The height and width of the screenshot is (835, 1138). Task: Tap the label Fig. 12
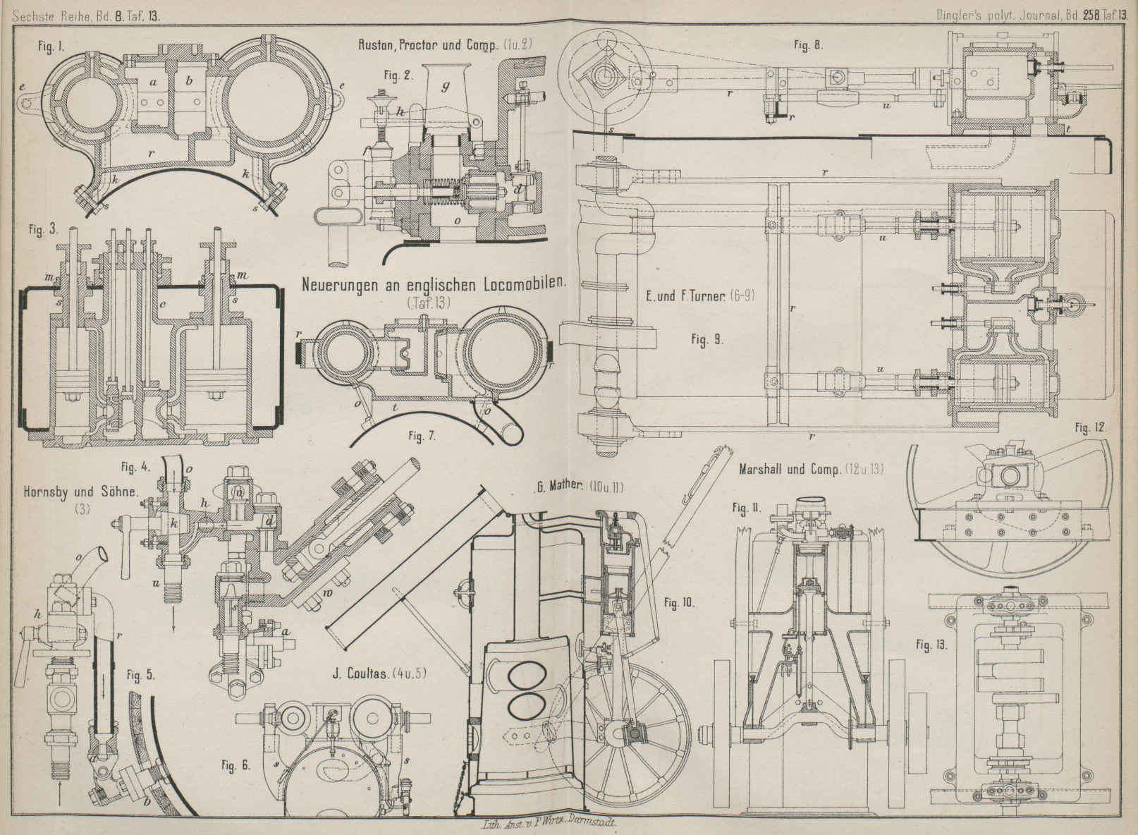tap(1091, 429)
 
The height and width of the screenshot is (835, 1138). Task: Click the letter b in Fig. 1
tap(188, 82)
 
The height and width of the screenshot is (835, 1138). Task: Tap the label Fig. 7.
tap(422, 435)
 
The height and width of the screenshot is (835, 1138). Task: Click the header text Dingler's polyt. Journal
tap(990, 13)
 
